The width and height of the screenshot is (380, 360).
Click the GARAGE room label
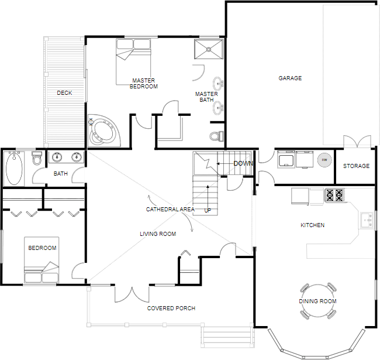point(290,78)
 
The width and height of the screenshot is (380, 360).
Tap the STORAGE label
point(356,166)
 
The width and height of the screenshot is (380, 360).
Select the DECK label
point(64,92)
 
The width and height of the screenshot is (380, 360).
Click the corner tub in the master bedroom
point(104,131)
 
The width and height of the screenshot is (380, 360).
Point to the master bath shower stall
point(209,49)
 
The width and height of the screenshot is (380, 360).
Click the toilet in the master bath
point(216,136)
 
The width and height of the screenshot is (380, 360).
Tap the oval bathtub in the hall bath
point(14,169)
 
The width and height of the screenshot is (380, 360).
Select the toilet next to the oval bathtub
point(37,158)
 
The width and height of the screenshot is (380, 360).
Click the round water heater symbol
point(324,160)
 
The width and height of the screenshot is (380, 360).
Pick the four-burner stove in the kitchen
point(334,195)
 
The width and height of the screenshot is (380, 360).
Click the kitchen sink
point(367,220)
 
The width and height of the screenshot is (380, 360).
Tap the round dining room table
point(317,301)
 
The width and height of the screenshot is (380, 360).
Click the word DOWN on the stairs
point(243,163)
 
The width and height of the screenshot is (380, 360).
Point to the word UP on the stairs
point(208,211)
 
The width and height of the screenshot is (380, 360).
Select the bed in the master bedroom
point(133,61)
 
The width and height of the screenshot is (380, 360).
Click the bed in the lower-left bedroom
point(42,260)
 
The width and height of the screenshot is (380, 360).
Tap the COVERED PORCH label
point(171,308)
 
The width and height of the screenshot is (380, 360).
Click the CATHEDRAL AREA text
point(170,209)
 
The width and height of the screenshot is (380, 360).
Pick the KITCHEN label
point(313,225)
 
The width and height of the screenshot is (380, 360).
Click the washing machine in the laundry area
point(286,159)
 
